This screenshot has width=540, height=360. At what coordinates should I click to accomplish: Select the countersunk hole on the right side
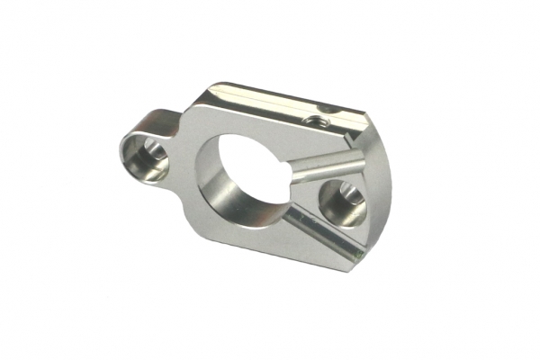pos(342,200)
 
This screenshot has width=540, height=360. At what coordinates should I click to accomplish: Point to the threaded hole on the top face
pos(313,117)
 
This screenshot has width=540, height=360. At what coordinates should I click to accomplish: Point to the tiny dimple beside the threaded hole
pos(329,110)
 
